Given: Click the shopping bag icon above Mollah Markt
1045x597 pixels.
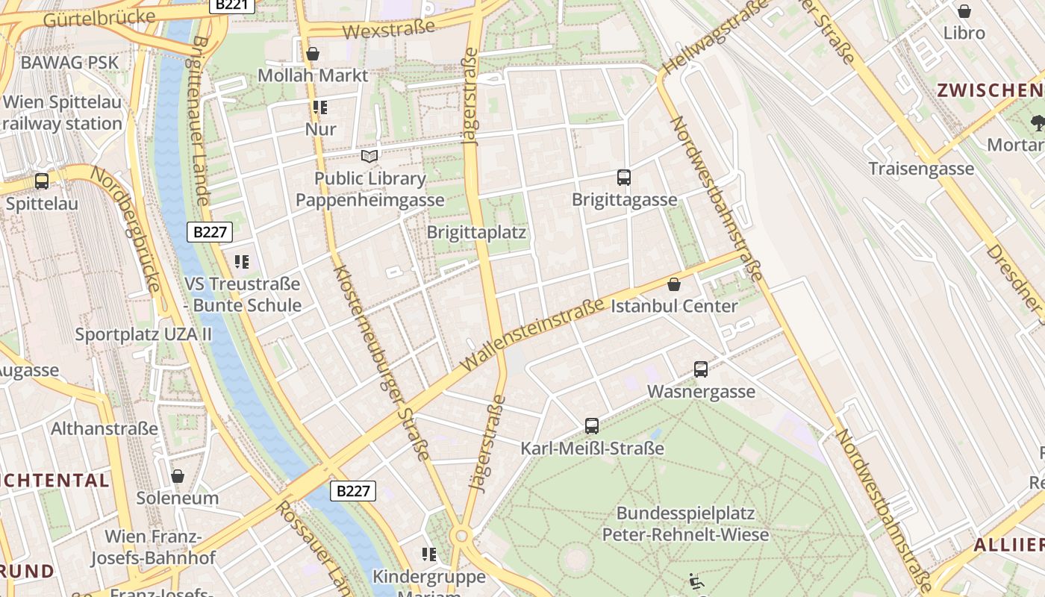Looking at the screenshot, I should tap(313, 54).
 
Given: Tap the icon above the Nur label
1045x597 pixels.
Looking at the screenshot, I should tap(320, 107).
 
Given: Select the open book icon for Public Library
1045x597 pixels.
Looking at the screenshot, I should tap(369, 156).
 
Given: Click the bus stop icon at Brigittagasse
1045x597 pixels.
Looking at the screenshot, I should tap(624, 178).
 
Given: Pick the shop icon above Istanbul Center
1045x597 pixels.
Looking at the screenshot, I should tap(674, 284).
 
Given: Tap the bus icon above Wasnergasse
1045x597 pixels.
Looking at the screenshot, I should tap(701, 369).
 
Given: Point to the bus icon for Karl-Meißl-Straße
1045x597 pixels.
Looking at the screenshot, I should tap(592, 426).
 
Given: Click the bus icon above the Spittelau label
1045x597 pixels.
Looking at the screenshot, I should tap(42, 181).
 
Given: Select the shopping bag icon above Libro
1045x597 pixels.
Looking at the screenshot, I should tap(964, 11).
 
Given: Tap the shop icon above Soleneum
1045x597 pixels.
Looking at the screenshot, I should tap(178, 476).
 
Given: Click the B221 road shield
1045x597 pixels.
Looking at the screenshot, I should tap(231, 5).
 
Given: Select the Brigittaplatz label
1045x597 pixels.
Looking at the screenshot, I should tap(476, 232).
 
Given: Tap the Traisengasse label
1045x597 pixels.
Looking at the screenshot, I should tap(921, 168).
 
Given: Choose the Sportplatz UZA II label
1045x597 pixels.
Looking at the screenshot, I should tap(143, 334).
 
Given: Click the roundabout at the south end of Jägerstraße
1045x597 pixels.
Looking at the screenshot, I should tap(461, 535).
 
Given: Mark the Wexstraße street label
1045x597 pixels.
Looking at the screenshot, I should tap(388, 29).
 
